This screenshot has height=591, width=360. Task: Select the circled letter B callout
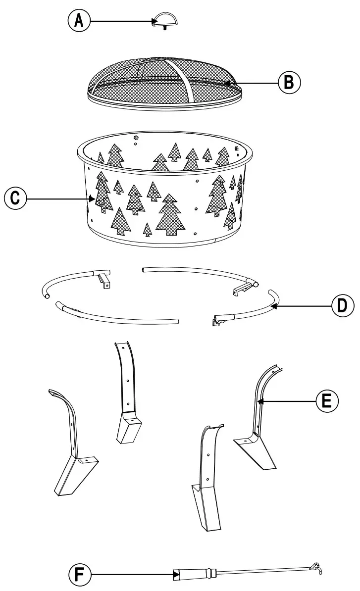click(x=289, y=82)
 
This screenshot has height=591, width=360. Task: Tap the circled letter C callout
click(x=15, y=198)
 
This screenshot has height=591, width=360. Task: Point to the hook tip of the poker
click(x=315, y=567)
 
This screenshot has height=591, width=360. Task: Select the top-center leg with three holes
click(x=127, y=391)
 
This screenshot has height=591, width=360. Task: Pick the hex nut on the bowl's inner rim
click(x=136, y=136)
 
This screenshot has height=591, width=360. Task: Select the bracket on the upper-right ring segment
click(x=242, y=290)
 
